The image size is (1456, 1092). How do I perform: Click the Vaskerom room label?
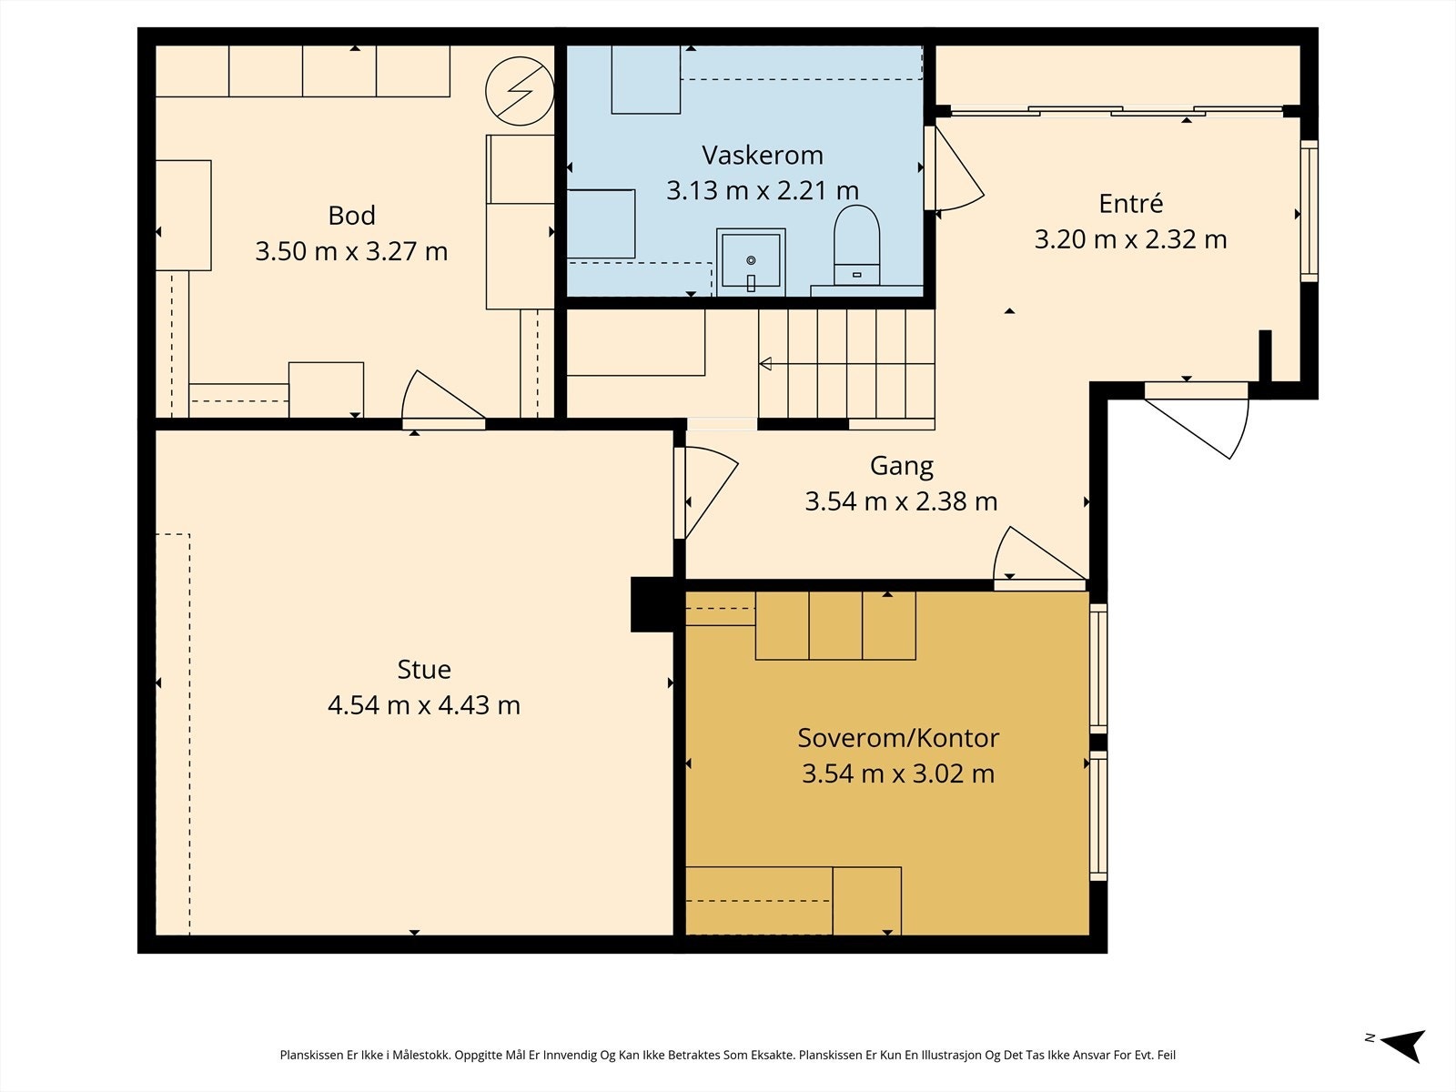coord(763,155)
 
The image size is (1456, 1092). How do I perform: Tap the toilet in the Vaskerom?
coord(856,246)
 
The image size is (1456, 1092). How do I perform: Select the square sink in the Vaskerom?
coord(751,263)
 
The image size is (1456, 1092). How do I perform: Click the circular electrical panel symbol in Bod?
coord(520,92)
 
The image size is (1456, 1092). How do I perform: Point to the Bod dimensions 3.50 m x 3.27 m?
coord(351,251)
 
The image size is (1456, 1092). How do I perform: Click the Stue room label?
coord(424,669)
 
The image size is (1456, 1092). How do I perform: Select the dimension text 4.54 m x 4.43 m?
coord(424,704)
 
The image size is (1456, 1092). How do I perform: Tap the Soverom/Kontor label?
coord(898,738)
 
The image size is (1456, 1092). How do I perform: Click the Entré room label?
coord(1130,203)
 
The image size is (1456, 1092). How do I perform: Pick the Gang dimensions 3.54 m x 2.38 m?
coord(901,501)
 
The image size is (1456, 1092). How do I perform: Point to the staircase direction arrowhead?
coord(765,363)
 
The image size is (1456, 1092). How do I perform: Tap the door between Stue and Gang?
coord(706,493)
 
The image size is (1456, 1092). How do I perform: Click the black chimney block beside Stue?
coord(652,604)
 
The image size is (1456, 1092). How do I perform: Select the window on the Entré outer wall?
coord(1309,211)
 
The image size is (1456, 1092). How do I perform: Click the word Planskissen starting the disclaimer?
coord(312,1055)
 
